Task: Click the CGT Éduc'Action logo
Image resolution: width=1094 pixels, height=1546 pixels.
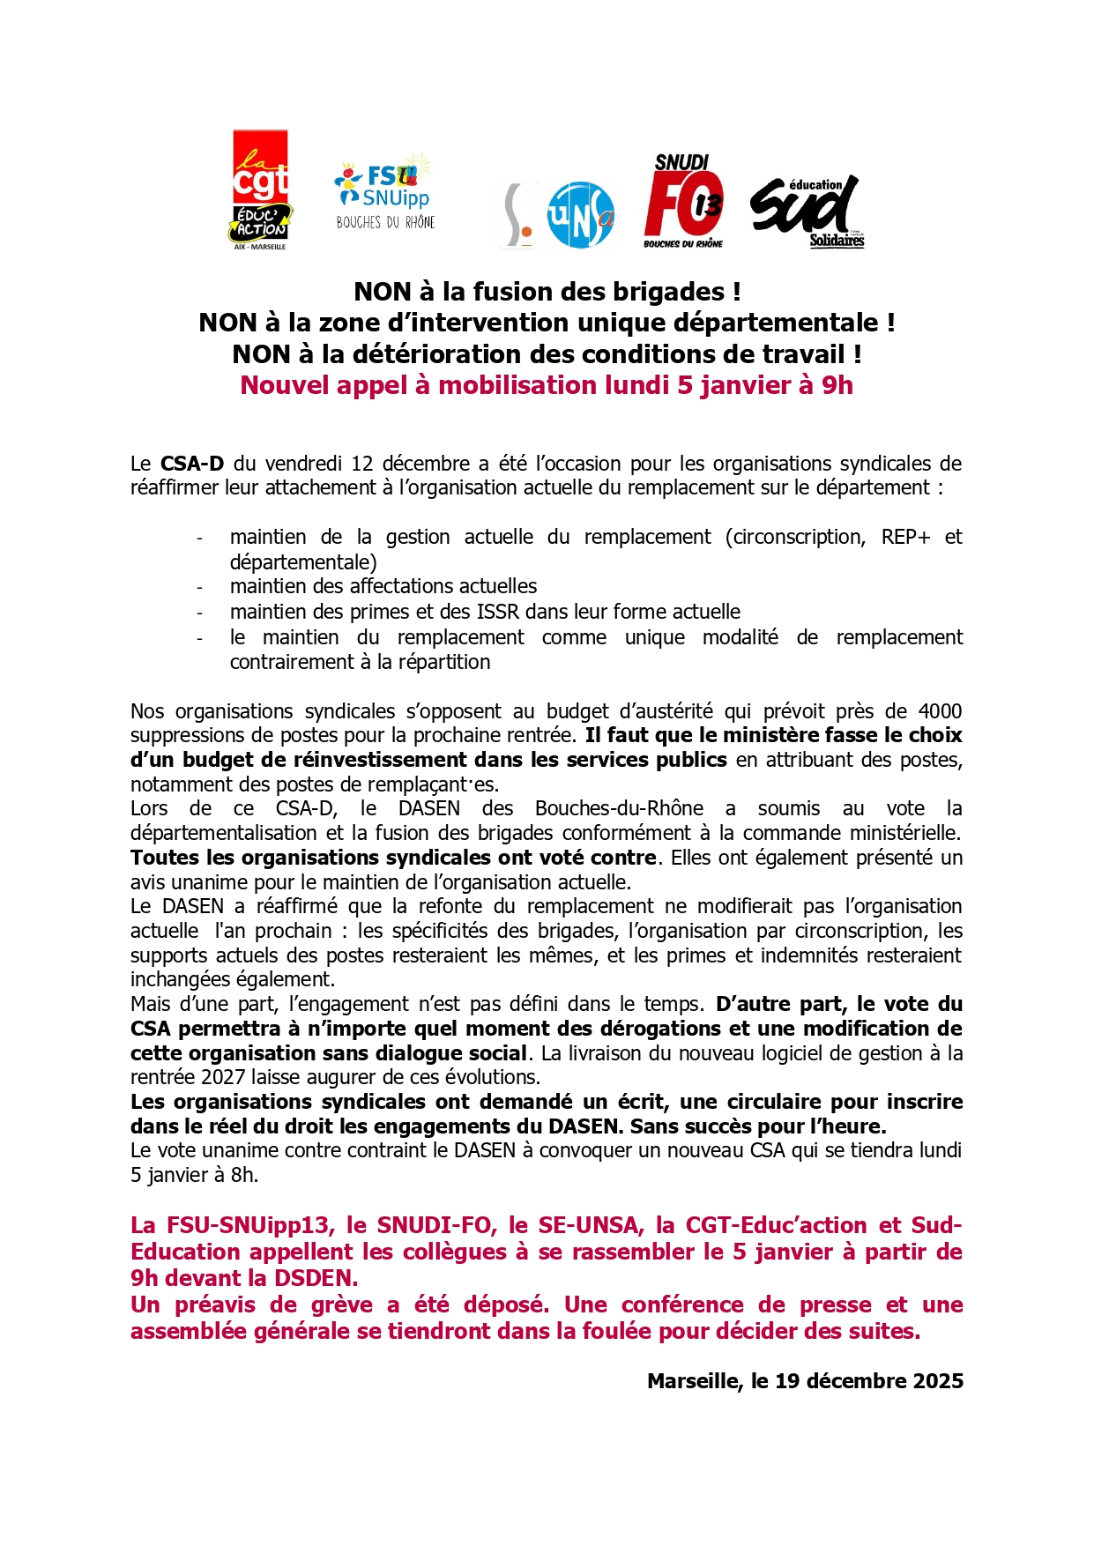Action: pos(260,190)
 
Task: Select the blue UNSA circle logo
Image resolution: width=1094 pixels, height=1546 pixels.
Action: pos(580,214)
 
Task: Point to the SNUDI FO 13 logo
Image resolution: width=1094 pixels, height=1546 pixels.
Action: pos(684,201)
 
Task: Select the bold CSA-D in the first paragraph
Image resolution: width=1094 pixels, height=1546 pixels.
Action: pos(192,464)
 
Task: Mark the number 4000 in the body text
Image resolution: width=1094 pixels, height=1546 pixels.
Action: pos(940,711)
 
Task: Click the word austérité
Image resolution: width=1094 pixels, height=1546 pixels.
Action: pos(667,711)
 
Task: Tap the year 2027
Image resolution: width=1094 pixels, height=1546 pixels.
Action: pos(225,1077)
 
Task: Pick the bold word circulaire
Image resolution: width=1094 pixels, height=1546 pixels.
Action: pos(803,1102)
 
